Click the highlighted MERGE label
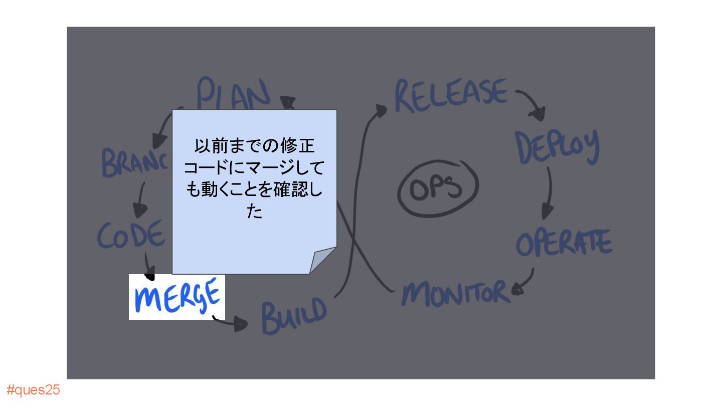[x=177, y=297]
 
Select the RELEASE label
[x=450, y=95]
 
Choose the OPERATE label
[x=564, y=243]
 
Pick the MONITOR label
[x=455, y=293]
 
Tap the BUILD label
[x=294, y=315]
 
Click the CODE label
[x=131, y=234]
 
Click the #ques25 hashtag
[x=33, y=390]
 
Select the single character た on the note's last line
[x=254, y=212]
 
